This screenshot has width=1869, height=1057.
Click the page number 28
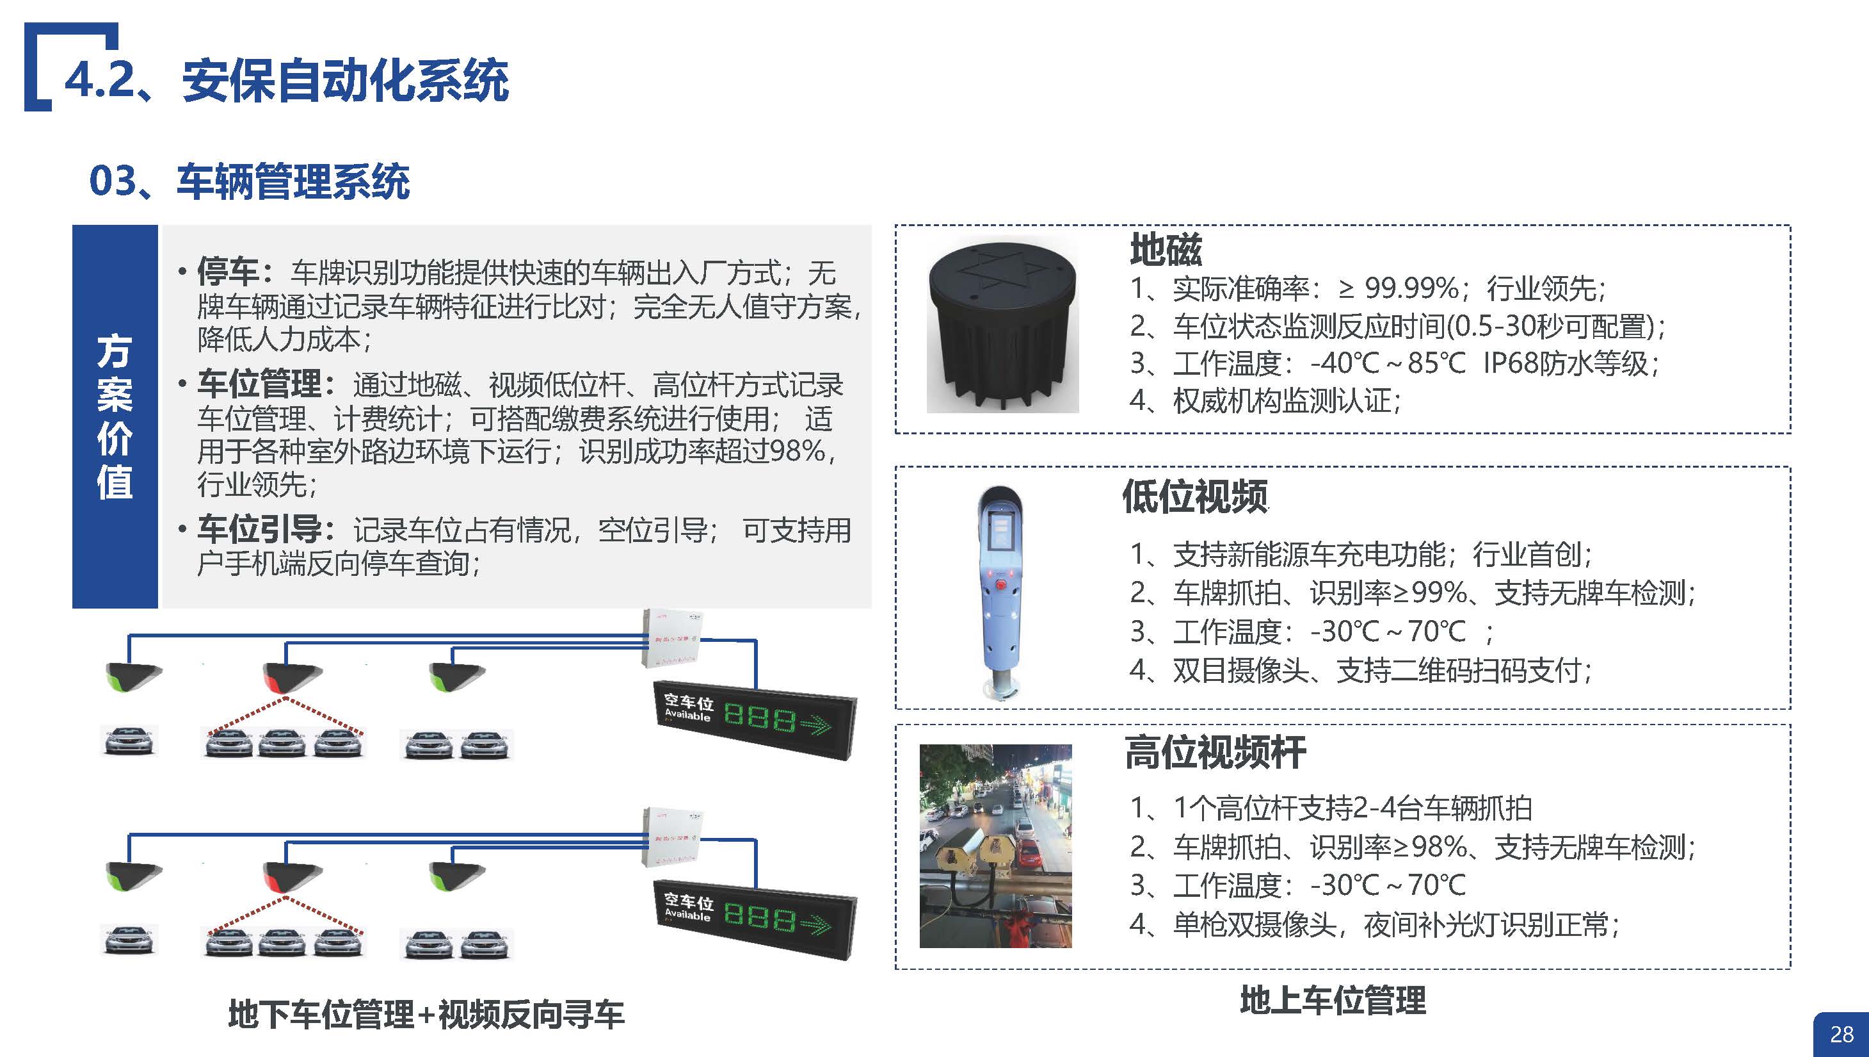pyautogui.click(x=1841, y=1034)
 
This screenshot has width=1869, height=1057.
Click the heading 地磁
pyautogui.click(x=1165, y=250)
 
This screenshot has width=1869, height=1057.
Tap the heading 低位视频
pyautogui.click(x=1195, y=496)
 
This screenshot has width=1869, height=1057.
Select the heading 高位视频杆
pyautogui.click(x=1215, y=752)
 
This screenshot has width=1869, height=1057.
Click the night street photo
pyautogui.click(x=995, y=846)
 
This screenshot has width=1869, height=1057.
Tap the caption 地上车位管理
pyautogui.click(x=1333, y=1001)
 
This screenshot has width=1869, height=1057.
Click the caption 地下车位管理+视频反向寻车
pyautogui.click(x=426, y=1014)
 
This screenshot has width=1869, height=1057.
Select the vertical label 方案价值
pyautogui.click(x=115, y=416)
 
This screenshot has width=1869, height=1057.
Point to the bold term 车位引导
pyautogui.click(x=259, y=530)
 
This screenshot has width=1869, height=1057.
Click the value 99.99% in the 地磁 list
pyautogui.click(x=1411, y=289)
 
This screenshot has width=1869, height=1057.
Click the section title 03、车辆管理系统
pyautogui.click(x=249, y=181)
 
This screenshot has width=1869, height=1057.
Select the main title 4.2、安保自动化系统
pyautogui.click(x=287, y=80)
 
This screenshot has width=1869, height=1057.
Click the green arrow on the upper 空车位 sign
pyautogui.click(x=815, y=723)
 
